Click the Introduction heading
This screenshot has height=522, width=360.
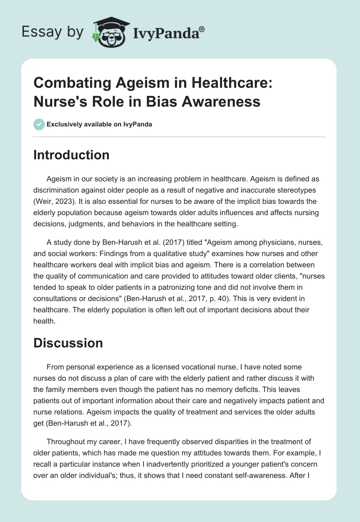pyautogui.click(x=72, y=155)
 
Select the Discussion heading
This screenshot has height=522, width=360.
pyautogui.click(x=68, y=343)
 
